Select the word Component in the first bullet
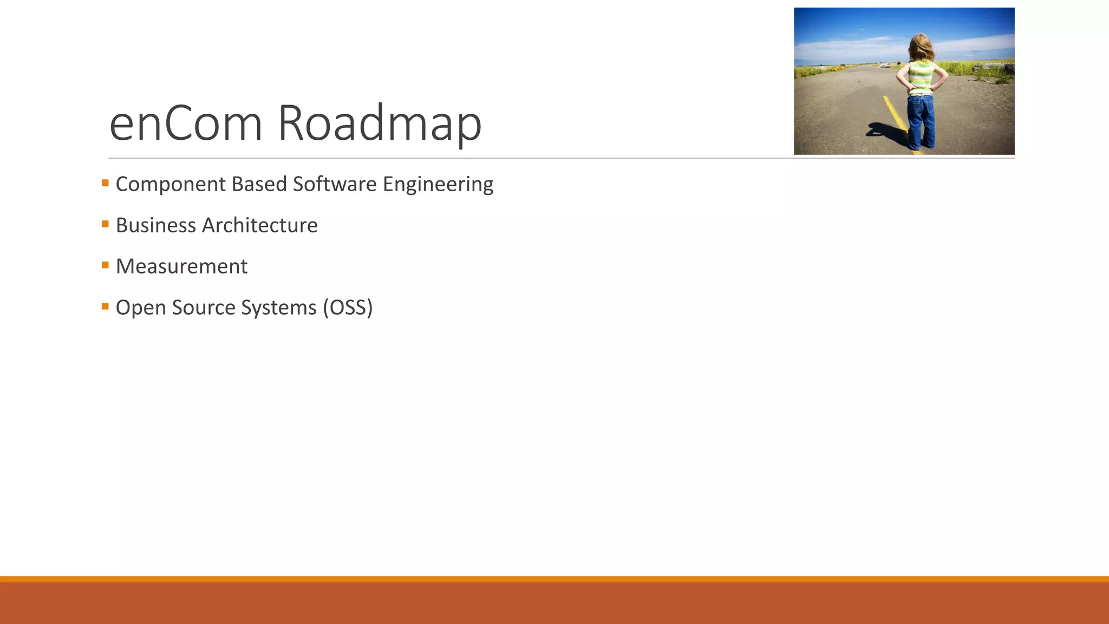171,184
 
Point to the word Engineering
438,184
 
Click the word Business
156,225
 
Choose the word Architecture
259,225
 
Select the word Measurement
181,266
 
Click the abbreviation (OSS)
348,308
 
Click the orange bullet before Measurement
105,265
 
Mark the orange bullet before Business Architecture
105,224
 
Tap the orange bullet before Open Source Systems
105,306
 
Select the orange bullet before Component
105,183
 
